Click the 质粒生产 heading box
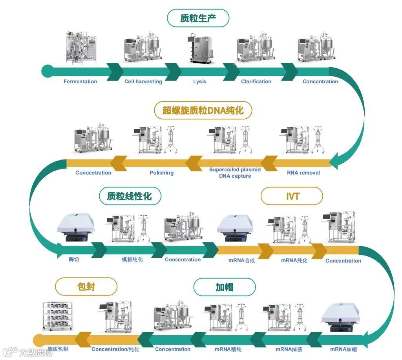click(x=198, y=18)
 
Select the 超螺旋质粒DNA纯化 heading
click(x=203, y=110)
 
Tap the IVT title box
click(x=292, y=196)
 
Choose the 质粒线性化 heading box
click(x=129, y=196)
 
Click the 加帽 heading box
click(x=224, y=287)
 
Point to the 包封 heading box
click(x=86, y=287)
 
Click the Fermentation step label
click(x=80, y=82)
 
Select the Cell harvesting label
click(x=143, y=82)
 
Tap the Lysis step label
click(x=199, y=82)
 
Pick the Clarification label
click(x=256, y=82)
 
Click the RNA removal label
click(x=303, y=173)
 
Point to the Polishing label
click(x=161, y=173)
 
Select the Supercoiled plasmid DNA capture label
click(x=235, y=173)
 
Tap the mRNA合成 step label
click(x=241, y=260)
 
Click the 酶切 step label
click(x=73, y=259)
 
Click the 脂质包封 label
click(x=58, y=349)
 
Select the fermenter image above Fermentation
click(x=80, y=47)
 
